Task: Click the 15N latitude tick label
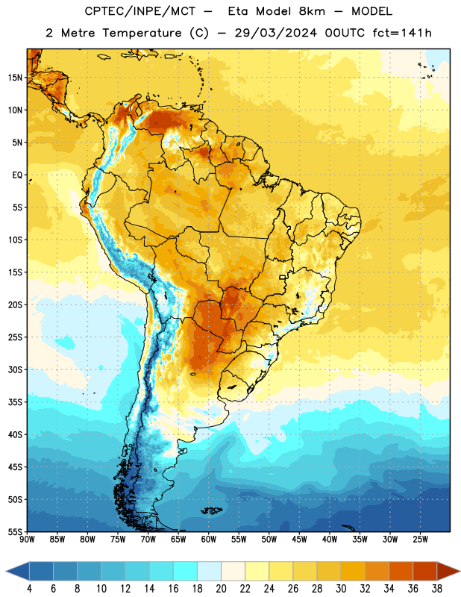[x=15, y=78]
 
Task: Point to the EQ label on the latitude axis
[x=17, y=175]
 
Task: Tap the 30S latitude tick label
[x=15, y=369]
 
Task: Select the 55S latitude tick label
[x=15, y=532]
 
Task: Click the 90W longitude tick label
[x=27, y=540]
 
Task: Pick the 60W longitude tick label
[x=209, y=540]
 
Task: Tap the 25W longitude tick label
[x=420, y=540]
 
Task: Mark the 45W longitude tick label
[x=299, y=540]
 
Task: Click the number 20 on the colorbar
[x=221, y=589]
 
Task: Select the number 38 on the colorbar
[x=437, y=589]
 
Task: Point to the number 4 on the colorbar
[x=29, y=589]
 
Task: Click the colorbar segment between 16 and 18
[x=186, y=571]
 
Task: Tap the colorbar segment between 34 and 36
[x=401, y=571]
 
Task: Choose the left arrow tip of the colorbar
[x=6, y=571]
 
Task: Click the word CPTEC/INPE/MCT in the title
[x=140, y=11]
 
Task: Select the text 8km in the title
[x=312, y=11]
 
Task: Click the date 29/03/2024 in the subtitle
[x=275, y=33]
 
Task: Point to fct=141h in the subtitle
[x=402, y=33]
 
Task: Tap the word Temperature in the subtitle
[x=142, y=34]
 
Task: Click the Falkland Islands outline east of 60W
[x=211, y=510]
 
